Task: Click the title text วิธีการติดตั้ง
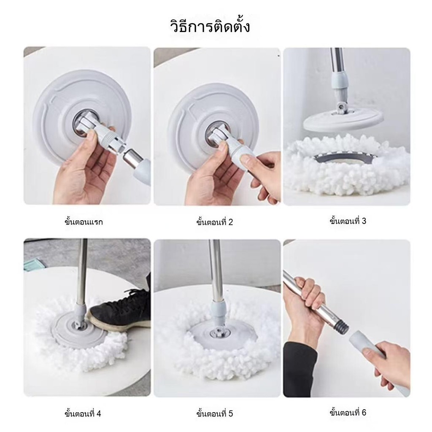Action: click(x=210, y=27)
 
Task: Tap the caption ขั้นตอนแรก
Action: click(x=84, y=221)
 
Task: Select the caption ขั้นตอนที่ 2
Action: click(x=215, y=221)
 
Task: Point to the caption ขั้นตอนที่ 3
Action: click(x=348, y=221)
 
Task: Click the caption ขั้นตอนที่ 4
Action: click(x=83, y=413)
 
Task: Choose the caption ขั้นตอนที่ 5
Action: click(x=215, y=413)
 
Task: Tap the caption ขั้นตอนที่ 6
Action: click(x=348, y=413)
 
